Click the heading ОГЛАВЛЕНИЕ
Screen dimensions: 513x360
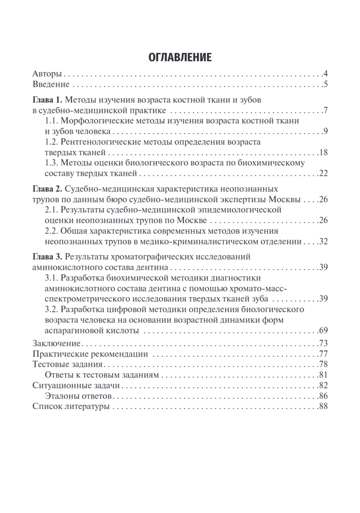[180, 57]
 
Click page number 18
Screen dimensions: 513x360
[322, 153]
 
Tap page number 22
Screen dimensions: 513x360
[322, 173]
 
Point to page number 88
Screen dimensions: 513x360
[322, 406]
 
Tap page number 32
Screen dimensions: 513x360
[322, 242]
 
